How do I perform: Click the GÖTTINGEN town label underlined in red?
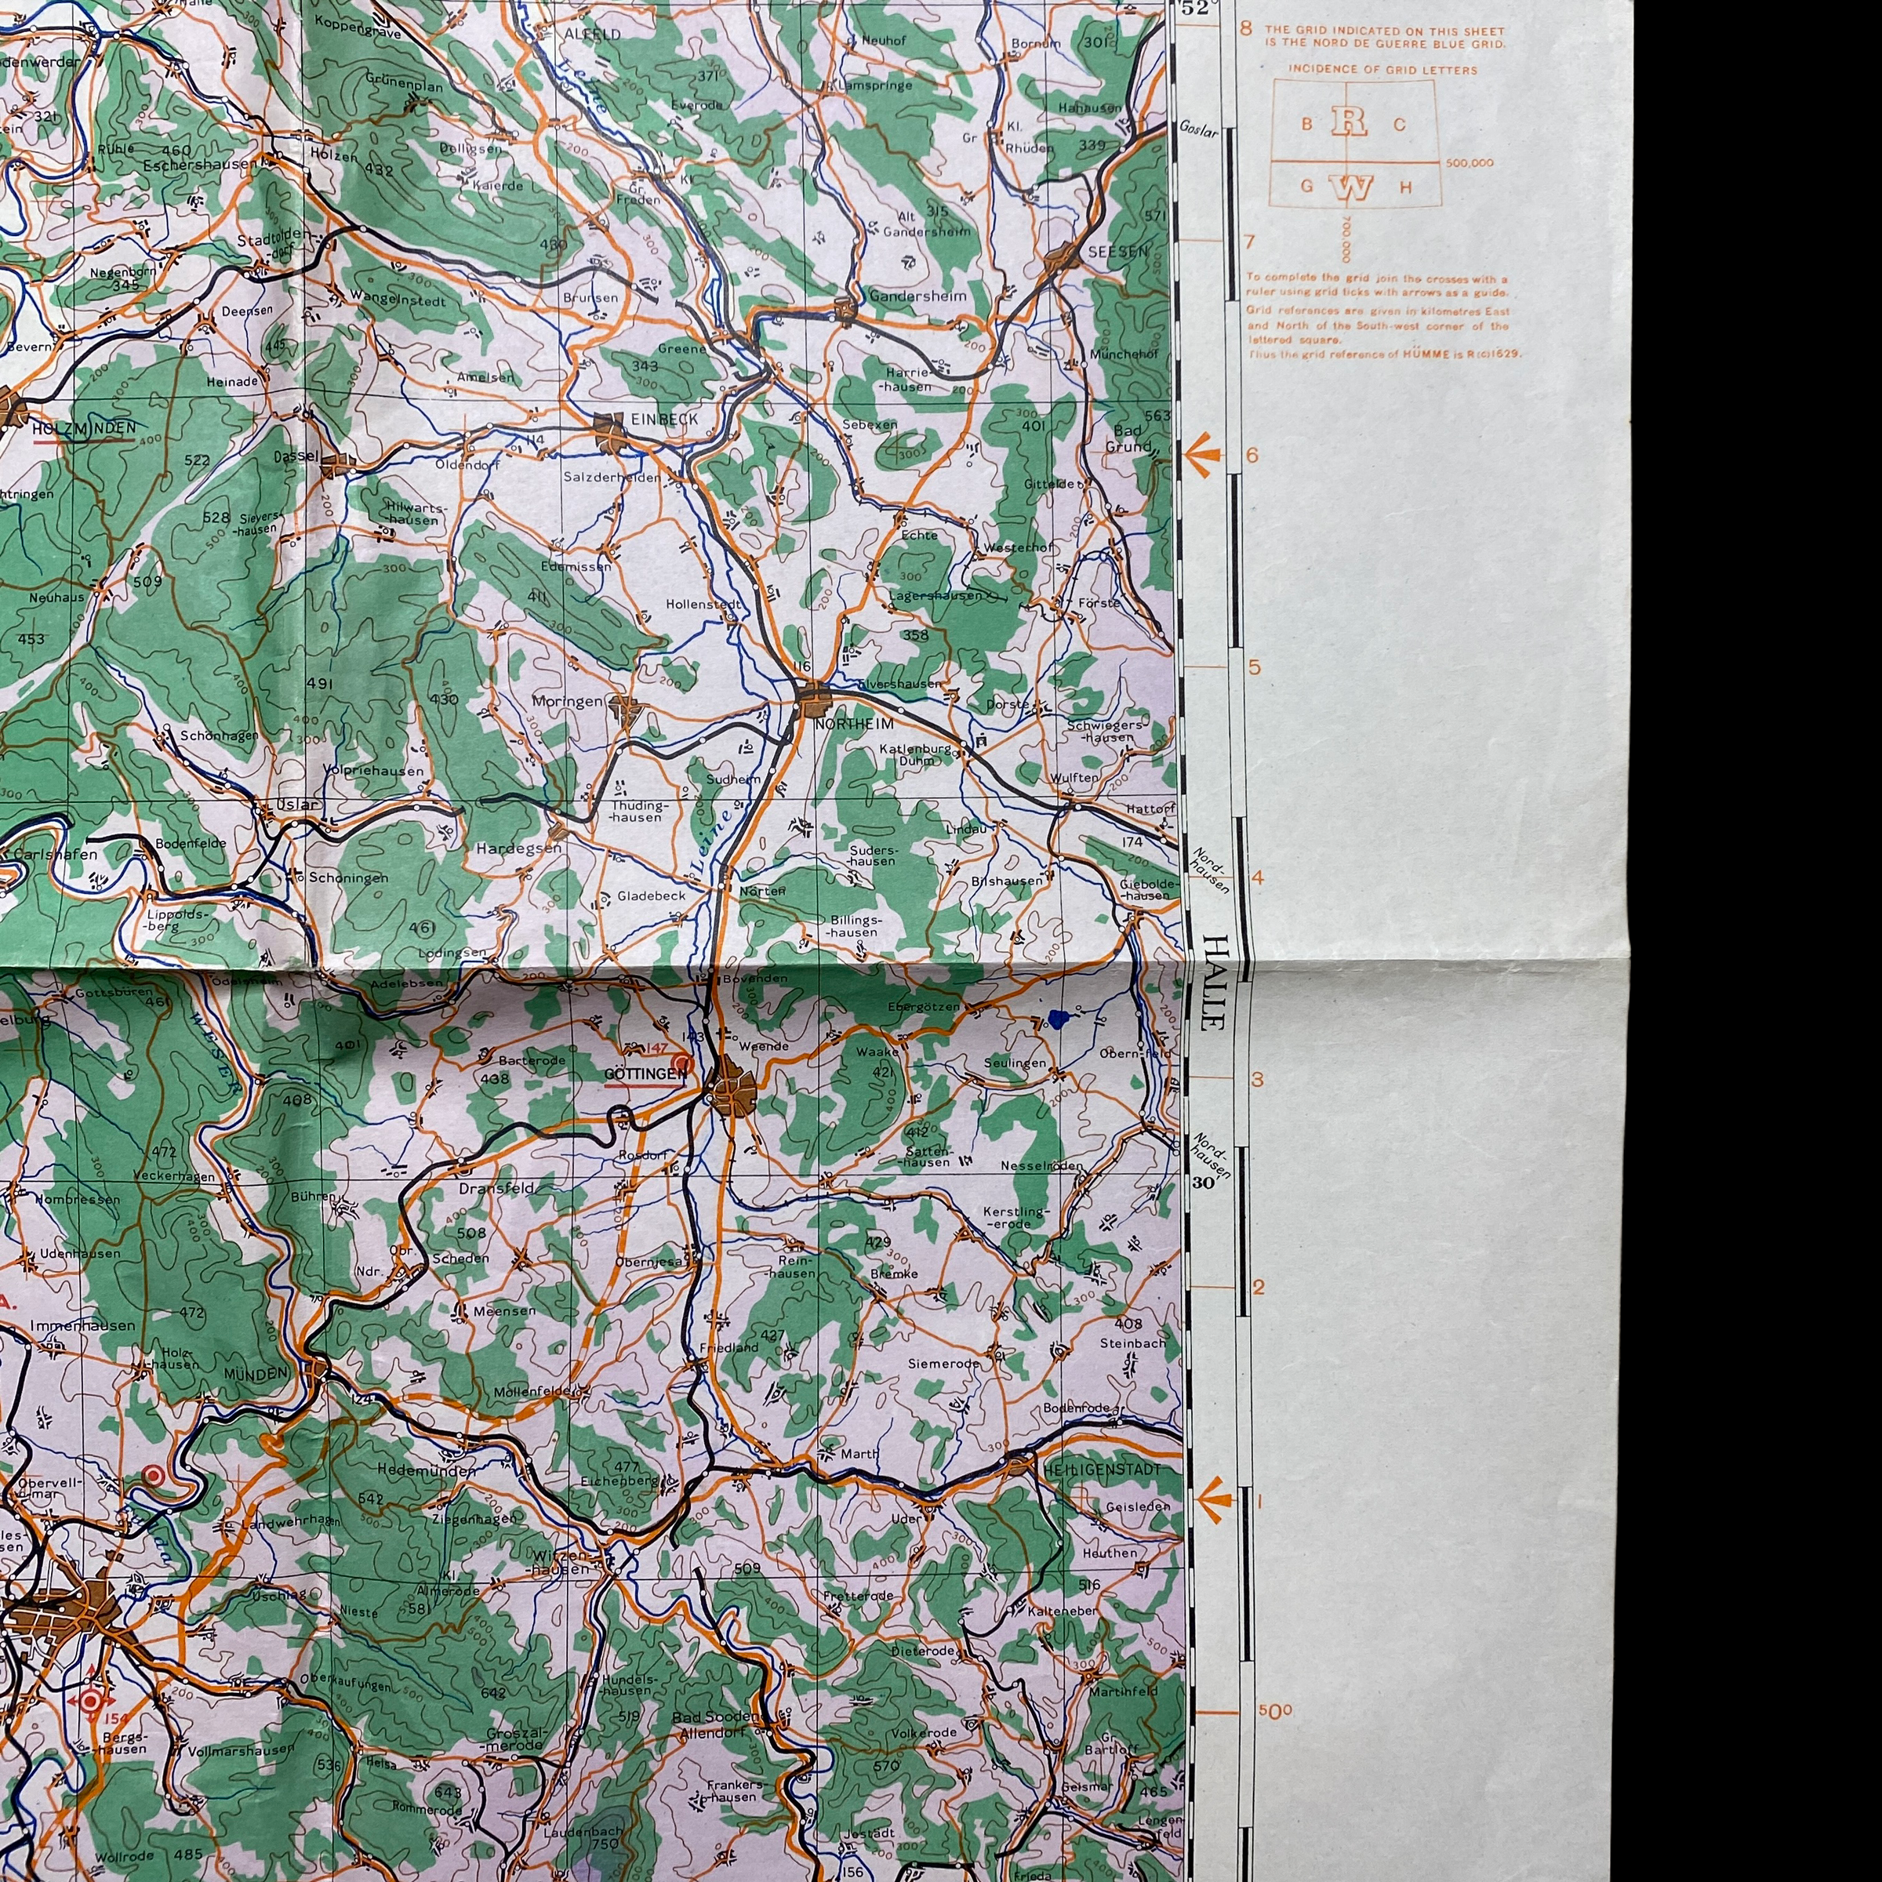pyautogui.click(x=645, y=1074)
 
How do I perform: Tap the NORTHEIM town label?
pyautogui.click(x=854, y=725)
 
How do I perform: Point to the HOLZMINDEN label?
pyautogui.click(x=84, y=427)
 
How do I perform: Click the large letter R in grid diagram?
pyautogui.click(x=1349, y=121)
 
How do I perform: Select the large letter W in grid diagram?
pyautogui.click(x=1354, y=187)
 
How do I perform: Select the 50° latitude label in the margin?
pyautogui.click(x=1276, y=1712)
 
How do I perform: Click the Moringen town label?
pyautogui.click(x=567, y=701)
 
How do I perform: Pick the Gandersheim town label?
pyautogui.click(x=917, y=296)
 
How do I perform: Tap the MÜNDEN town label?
pyautogui.click(x=256, y=1372)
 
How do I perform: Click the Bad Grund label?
pyautogui.click(x=1128, y=438)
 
